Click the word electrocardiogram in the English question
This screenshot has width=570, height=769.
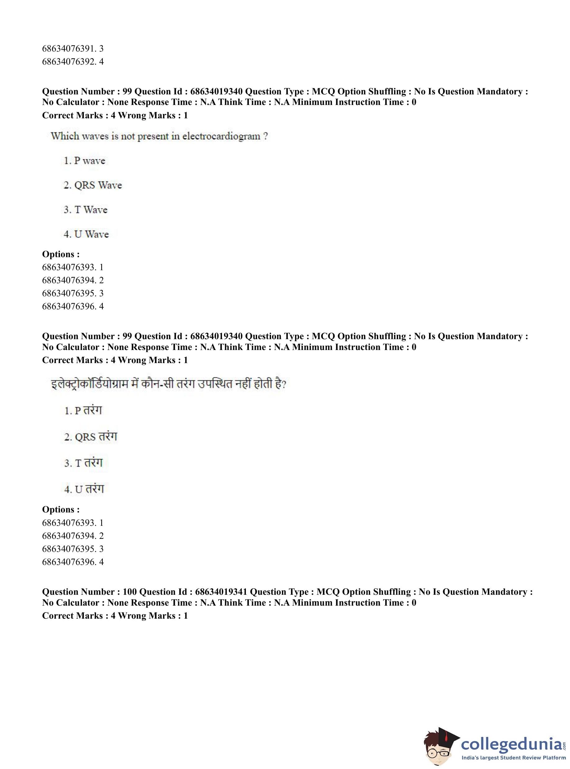221,136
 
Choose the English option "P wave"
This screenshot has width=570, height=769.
84,161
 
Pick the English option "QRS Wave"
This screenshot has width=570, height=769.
93,185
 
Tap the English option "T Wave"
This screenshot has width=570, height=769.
86,210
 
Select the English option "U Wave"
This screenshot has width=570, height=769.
86,234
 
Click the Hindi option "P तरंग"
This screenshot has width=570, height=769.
83,410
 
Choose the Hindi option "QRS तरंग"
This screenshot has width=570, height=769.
91,437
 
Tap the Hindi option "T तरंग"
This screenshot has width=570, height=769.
84,463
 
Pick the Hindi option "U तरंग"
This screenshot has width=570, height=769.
84,489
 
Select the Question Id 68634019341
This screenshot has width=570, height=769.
221,592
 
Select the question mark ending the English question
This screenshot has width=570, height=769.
265,136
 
